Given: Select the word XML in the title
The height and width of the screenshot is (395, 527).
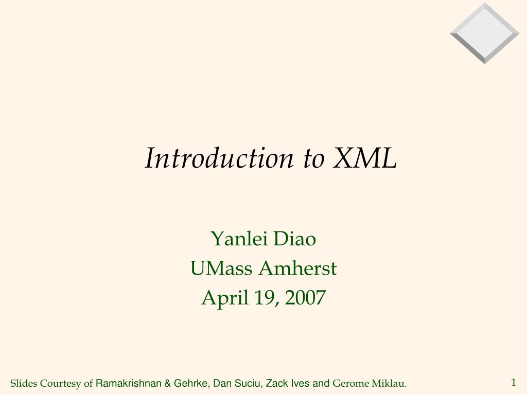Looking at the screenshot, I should (x=364, y=158).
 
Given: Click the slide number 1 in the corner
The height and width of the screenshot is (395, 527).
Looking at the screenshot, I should (x=513, y=382).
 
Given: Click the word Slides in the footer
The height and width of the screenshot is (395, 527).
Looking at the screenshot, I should (x=24, y=383).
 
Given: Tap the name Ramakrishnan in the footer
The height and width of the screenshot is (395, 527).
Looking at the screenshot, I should (x=129, y=383).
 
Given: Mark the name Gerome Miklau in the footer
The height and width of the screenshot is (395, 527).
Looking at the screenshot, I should (x=370, y=383).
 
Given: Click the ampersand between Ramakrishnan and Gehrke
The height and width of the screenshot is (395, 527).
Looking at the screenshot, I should (x=168, y=383).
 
